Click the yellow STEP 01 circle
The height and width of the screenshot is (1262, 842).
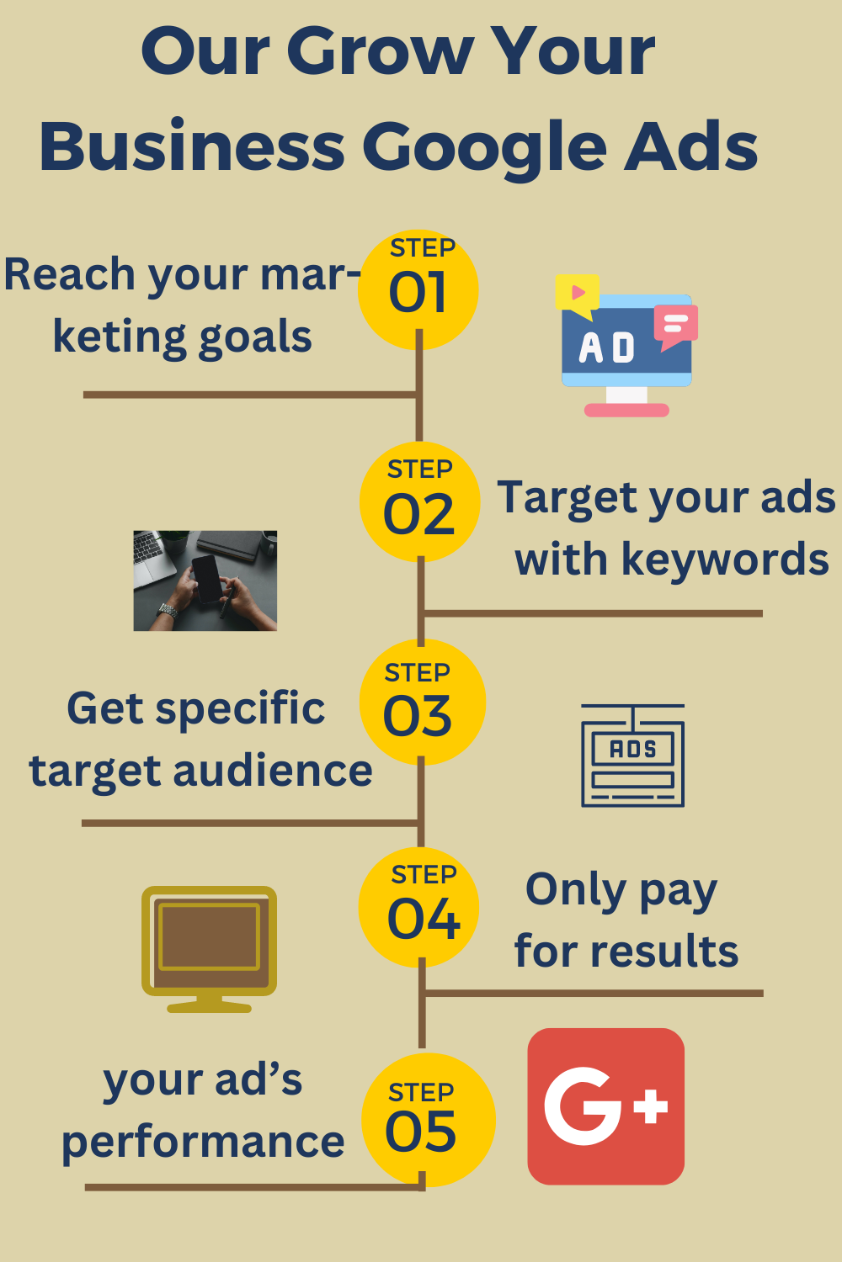point(418,289)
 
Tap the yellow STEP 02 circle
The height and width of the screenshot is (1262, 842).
point(419,501)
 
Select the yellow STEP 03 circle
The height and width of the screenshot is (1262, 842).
point(422,703)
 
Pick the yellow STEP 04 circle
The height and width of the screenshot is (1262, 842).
point(419,907)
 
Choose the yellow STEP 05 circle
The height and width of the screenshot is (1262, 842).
point(428,1120)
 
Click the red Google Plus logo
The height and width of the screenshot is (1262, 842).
point(605,1106)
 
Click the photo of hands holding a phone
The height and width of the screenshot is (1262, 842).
point(205,581)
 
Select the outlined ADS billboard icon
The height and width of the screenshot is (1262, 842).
point(632,756)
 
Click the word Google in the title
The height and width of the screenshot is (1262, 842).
point(484,147)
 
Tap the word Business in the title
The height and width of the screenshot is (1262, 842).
point(192,147)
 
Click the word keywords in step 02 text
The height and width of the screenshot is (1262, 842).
point(725,559)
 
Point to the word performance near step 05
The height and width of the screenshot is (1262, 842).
point(203,1143)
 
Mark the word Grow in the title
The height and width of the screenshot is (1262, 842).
point(381,52)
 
